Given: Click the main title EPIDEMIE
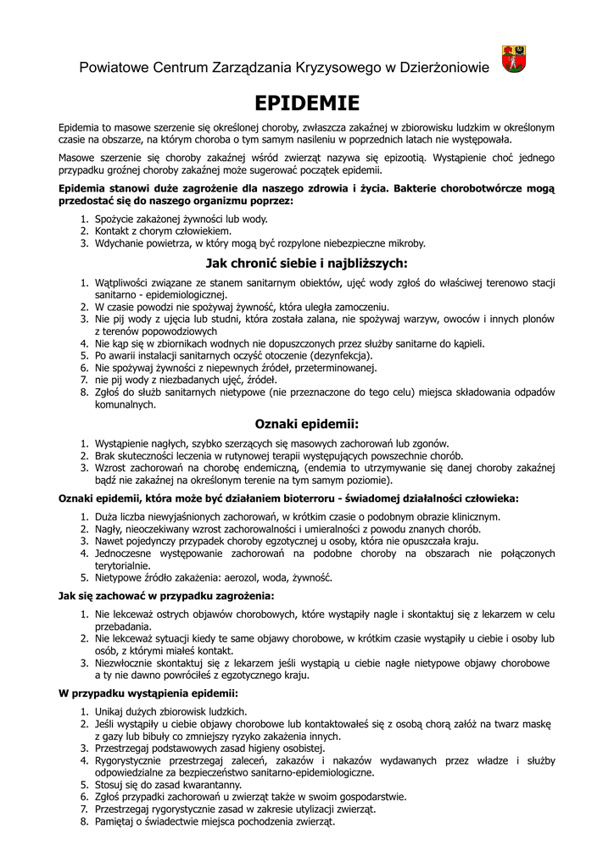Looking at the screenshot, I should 307,103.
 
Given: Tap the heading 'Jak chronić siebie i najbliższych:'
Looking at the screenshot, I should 307,263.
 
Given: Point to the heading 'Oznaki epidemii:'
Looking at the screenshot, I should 307,424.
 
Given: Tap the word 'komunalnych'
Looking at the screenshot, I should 125,404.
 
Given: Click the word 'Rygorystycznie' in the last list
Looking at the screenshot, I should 129,761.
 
